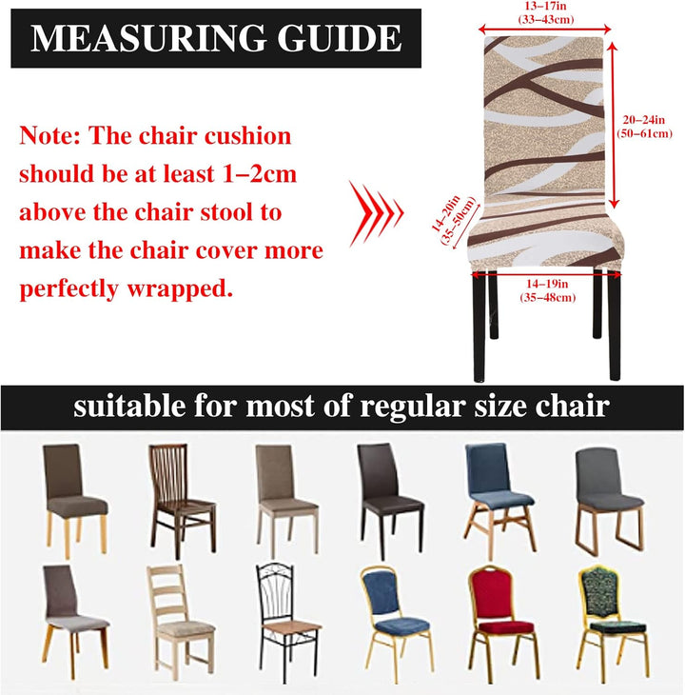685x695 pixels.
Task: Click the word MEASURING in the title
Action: point(148,38)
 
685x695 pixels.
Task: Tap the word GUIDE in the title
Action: point(340,38)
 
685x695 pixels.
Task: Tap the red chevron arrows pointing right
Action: point(376,213)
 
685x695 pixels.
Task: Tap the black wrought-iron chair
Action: point(288,620)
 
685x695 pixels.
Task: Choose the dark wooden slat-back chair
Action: point(182,501)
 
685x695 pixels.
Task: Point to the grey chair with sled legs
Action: point(610,501)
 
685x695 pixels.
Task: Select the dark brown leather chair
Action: point(390,500)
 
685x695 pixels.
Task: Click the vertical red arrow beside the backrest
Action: point(613,125)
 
